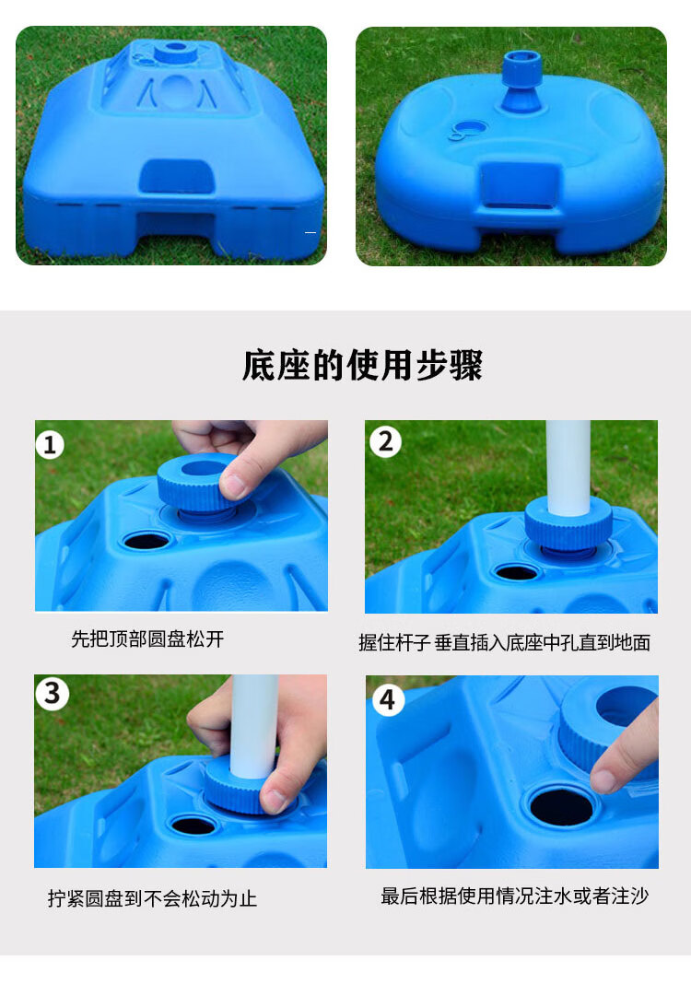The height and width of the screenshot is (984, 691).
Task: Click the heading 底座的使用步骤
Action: click(x=362, y=365)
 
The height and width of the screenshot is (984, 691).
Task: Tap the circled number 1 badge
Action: click(x=50, y=445)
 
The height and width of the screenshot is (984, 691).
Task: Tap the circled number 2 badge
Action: click(x=385, y=442)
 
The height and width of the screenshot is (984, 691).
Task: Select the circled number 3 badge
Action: click(x=53, y=694)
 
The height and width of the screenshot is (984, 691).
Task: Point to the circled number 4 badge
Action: click(x=387, y=700)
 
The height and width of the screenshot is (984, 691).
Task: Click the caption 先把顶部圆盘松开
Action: click(x=147, y=638)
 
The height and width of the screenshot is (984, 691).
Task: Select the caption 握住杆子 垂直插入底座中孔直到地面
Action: click(x=504, y=642)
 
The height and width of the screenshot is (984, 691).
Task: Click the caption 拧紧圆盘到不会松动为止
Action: click(x=152, y=898)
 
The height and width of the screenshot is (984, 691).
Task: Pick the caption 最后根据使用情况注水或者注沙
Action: click(x=514, y=896)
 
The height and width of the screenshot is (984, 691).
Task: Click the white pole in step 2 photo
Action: click(x=568, y=467)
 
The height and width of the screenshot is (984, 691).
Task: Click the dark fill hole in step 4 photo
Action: click(x=560, y=806)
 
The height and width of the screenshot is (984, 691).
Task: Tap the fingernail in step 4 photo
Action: click(x=603, y=780)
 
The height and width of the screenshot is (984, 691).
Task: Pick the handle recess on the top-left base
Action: click(x=175, y=176)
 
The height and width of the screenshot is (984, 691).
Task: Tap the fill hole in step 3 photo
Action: click(x=193, y=826)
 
